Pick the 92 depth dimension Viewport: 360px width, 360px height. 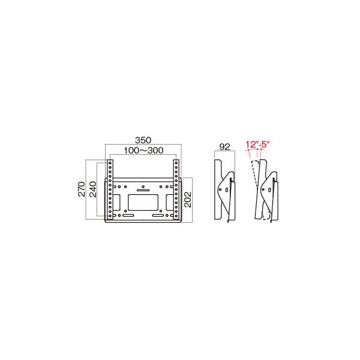[x=225, y=145]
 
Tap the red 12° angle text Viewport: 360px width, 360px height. [x=251, y=145]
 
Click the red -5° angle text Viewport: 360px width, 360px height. [x=264, y=145]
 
